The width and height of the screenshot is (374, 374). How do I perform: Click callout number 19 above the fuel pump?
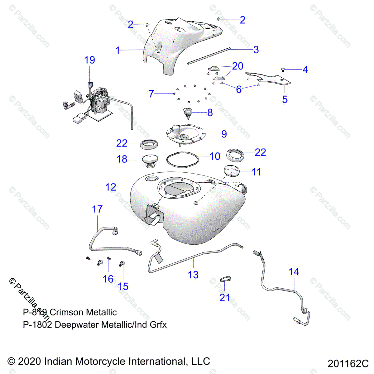[89, 60]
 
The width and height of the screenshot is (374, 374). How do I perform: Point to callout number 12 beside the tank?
[111, 187]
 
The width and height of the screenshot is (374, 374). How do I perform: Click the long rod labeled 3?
[209, 56]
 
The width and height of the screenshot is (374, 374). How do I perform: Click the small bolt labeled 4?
[283, 70]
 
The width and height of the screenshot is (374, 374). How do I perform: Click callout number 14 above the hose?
[294, 272]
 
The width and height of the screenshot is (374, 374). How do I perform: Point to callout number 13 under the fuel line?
[193, 275]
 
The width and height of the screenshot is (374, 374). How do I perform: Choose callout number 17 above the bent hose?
[97, 209]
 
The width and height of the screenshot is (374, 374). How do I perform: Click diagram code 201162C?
[348, 363]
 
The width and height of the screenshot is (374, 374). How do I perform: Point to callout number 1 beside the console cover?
[117, 50]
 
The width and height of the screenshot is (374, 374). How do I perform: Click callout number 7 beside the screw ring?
[151, 93]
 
